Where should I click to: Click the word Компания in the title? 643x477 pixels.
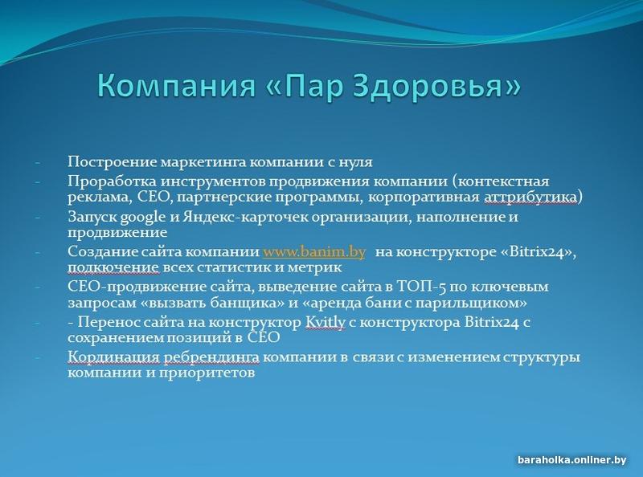(177, 86)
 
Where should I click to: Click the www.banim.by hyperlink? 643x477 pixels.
(313, 251)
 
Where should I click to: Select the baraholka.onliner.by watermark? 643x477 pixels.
(571, 460)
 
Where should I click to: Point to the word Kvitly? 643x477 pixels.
(326, 323)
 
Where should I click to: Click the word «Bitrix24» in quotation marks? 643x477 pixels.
(539, 251)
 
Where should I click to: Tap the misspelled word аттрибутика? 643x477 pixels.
(530, 198)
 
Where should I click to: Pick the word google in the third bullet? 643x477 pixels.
(143, 217)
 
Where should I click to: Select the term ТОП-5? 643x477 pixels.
(421, 287)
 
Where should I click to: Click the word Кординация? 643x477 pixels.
(113, 357)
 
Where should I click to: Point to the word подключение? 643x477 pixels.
(113, 268)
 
